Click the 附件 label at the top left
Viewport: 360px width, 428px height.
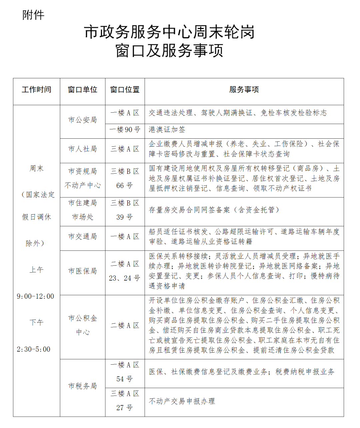pos(33,15)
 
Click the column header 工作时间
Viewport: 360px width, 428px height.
pos(36,90)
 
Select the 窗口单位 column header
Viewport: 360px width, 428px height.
pos(82,90)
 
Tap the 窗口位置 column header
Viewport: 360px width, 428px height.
pos(125,90)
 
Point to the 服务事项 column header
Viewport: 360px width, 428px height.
pos(244,90)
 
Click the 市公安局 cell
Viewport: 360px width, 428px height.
pos(82,120)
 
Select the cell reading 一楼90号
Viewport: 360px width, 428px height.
pos(125,130)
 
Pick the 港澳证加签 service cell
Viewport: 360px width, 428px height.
pos(167,130)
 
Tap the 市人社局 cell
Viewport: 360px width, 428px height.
pos(82,149)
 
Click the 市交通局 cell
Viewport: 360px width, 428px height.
pos(82,237)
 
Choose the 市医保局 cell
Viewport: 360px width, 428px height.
pos(82,271)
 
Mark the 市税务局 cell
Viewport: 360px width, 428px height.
pos(82,386)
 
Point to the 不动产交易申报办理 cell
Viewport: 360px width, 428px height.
pos(182,401)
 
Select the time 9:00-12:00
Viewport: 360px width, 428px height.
pos(35,296)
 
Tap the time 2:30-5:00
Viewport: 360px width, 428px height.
pos(34,349)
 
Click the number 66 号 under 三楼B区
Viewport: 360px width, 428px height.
pos(124,186)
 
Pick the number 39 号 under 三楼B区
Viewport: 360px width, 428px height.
pos(124,217)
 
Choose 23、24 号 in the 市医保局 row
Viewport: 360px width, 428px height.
pos(124,278)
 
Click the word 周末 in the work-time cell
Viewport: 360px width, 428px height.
pos(36,169)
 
